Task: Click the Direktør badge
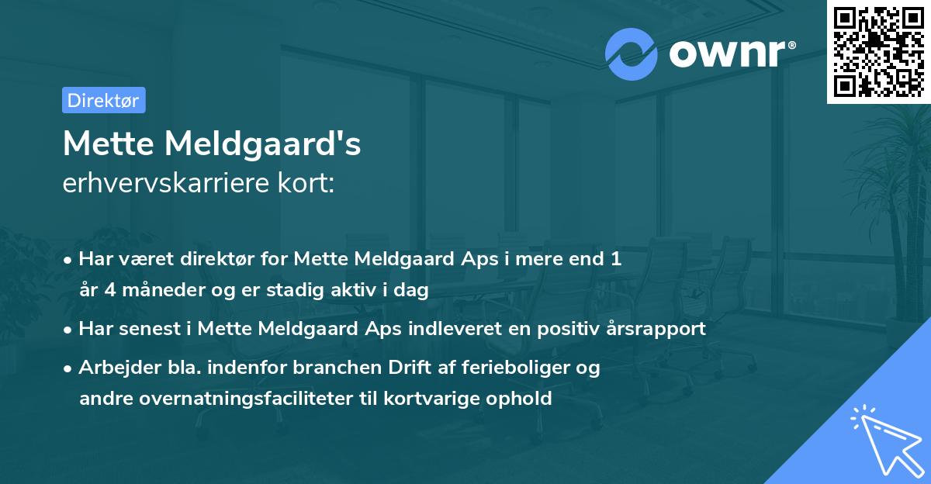point(103,100)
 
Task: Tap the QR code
point(878,52)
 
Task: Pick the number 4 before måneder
point(105,290)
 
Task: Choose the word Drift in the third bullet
point(392,368)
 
